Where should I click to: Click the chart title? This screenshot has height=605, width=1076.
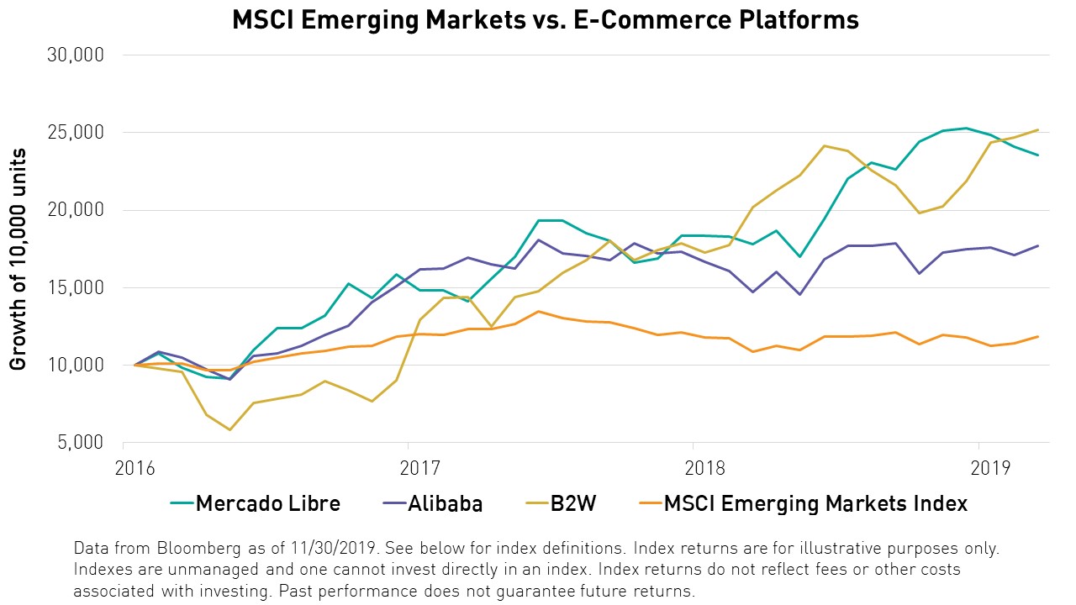click(x=546, y=19)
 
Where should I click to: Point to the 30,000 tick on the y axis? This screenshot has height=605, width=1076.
click(x=77, y=55)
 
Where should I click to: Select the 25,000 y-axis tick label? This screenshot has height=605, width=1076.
click(x=77, y=133)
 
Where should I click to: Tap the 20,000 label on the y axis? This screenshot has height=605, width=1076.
click(x=77, y=210)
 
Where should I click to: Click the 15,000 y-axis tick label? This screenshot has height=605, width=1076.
click(x=77, y=287)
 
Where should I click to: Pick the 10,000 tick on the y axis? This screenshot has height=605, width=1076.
click(x=77, y=365)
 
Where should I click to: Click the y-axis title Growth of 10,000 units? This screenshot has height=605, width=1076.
click(x=18, y=259)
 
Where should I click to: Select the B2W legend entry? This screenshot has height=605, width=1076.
click(x=573, y=503)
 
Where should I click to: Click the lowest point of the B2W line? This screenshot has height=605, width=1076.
click(x=229, y=429)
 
